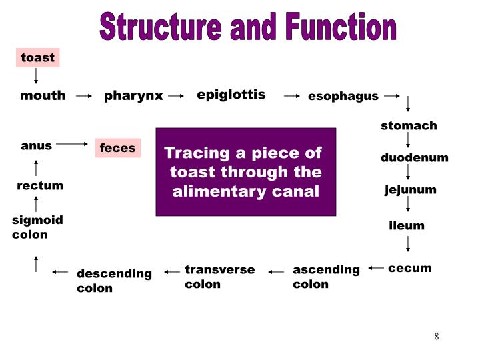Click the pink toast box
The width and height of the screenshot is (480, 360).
pos(38,58)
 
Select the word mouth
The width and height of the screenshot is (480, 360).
pos(43,96)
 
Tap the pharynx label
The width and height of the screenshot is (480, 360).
pos(133,96)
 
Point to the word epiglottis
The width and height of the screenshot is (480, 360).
pos(231,95)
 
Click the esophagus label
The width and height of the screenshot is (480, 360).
pos(343,97)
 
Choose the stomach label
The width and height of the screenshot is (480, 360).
pos(409,126)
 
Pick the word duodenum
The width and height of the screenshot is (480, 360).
pos(414,158)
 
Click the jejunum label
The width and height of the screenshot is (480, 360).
pos(410,190)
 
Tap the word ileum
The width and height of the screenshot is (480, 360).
pos(407,225)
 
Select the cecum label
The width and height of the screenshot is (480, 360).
pos(410,268)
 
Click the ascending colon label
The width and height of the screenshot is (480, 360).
pos(326,277)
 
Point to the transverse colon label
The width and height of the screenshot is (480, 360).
pos(219,277)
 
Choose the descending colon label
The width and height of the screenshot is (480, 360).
pos(114,281)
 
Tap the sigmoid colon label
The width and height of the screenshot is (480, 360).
pos(37,227)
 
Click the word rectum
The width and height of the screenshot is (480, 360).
pos(40,186)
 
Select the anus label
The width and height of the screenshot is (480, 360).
pos(37,146)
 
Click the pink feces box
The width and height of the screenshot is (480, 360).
pos(118,148)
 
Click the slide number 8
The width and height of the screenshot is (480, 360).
pos(437,336)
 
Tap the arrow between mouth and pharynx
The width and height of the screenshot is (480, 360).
pos(84,96)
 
